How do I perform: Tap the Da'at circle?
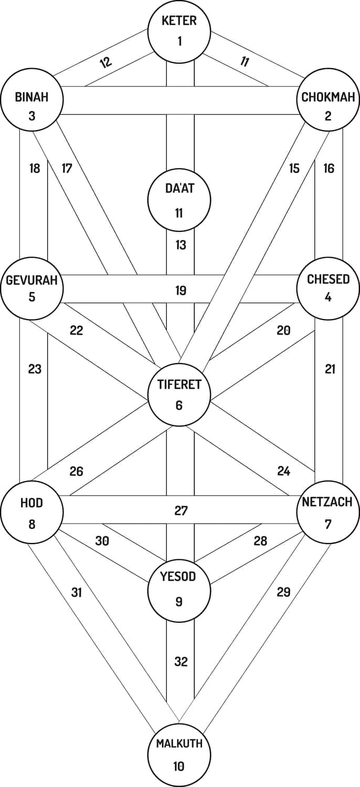click(x=179, y=200)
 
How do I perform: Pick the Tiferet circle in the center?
click(x=179, y=394)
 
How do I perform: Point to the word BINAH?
click(x=31, y=97)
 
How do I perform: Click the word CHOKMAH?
click(x=328, y=97)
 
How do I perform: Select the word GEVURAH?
click(x=31, y=279)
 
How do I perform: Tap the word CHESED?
click(x=328, y=279)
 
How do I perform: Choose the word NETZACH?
click(x=327, y=502)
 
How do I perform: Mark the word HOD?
click(x=31, y=503)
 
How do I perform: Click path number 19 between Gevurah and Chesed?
click(x=181, y=291)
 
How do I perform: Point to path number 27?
click(x=181, y=511)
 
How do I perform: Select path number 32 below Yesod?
click(x=181, y=661)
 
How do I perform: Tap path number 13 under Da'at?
click(x=181, y=245)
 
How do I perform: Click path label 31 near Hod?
click(x=77, y=592)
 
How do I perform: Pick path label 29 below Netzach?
click(x=283, y=592)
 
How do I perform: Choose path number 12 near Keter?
click(x=105, y=62)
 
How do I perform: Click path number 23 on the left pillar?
click(x=35, y=369)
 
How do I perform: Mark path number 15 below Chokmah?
click(x=294, y=168)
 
